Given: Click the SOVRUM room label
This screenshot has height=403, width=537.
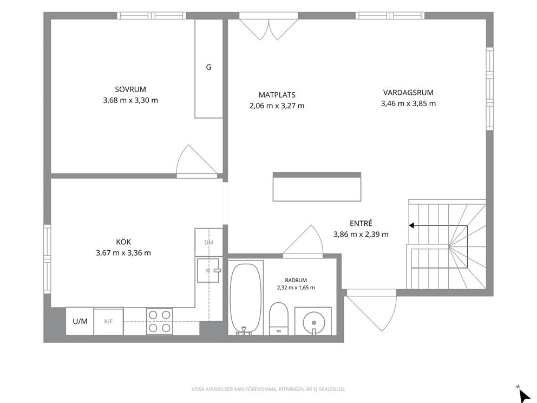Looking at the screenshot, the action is click(130, 89).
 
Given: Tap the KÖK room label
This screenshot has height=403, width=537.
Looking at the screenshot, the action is click(123, 242).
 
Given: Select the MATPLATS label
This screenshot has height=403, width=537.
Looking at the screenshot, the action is click(277, 95).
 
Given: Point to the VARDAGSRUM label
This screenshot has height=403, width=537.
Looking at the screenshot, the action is click(408, 93).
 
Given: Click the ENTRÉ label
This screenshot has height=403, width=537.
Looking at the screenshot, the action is click(361, 223).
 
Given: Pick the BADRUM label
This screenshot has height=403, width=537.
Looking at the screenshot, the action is click(296, 280).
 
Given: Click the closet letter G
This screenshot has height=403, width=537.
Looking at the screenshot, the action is click(208, 67).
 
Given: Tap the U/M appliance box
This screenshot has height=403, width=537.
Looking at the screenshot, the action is click(80, 321).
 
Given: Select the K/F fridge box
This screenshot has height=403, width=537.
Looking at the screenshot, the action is click(109, 321).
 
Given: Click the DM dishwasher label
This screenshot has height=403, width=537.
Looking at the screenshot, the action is click(209, 243).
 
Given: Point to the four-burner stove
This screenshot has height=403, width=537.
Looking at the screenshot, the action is click(160, 321).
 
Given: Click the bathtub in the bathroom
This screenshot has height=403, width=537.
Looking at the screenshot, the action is click(245, 298).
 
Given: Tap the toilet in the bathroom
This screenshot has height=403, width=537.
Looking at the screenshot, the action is click(279, 318).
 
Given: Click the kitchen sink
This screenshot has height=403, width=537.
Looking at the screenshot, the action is click(208, 270).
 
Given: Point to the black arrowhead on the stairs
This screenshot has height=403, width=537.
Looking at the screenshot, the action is click(411, 225).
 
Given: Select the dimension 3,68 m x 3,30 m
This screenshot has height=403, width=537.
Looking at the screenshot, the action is click(130, 100).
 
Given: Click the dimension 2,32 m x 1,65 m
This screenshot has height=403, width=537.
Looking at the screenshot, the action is click(296, 288).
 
